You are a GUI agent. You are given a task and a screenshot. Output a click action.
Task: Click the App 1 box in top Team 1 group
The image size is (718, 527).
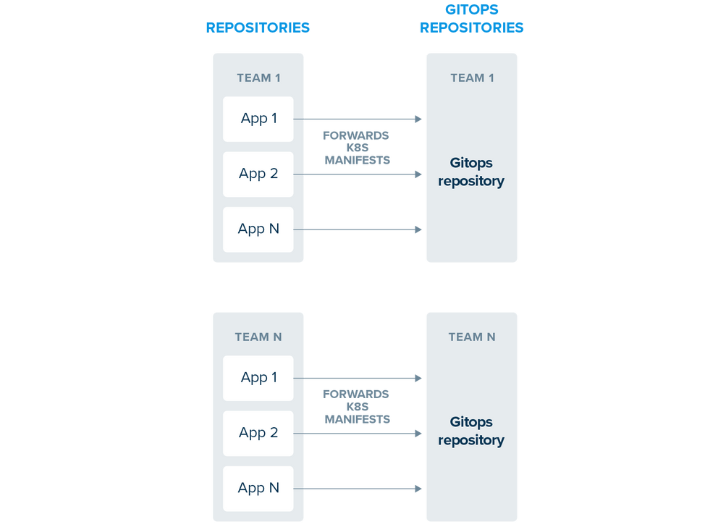pyautogui.click(x=258, y=119)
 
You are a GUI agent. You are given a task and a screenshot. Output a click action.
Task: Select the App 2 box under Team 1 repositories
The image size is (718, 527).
pyautogui.click(x=258, y=174)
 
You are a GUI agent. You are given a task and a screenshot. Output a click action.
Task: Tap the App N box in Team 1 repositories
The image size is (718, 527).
pyautogui.click(x=258, y=229)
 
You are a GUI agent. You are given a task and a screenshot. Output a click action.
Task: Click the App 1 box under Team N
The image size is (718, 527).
pyautogui.click(x=258, y=378)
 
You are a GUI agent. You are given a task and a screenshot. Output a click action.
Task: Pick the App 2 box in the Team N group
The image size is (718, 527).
pyautogui.click(x=258, y=433)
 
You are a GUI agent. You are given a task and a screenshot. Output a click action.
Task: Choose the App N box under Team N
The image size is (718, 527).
pyautogui.click(x=258, y=489)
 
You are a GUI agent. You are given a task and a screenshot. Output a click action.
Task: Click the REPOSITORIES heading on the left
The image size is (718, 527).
pyautogui.click(x=258, y=28)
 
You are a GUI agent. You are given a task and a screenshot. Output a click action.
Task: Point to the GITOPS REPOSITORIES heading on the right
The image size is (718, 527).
pyautogui.click(x=472, y=20)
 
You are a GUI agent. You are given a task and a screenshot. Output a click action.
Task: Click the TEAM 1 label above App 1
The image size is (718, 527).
pyautogui.click(x=258, y=78)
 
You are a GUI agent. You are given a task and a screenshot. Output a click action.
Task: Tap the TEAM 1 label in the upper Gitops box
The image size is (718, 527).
pyautogui.click(x=472, y=78)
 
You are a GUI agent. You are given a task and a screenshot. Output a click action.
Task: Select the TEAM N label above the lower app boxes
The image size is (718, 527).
pyautogui.click(x=258, y=337)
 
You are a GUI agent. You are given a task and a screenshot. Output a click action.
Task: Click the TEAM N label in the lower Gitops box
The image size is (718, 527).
pyautogui.click(x=472, y=337)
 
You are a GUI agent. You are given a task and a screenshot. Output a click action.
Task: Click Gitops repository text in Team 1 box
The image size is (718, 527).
pyautogui.click(x=471, y=172)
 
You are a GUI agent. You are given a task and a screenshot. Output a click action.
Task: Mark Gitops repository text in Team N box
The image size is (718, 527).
pyautogui.click(x=471, y=431)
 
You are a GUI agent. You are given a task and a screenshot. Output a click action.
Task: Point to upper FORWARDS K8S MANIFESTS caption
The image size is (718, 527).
pyautogui.click(x=356, y=148)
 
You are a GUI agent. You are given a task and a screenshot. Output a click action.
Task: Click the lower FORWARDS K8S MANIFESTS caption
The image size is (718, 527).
pyautogui.click(x=356, y=407)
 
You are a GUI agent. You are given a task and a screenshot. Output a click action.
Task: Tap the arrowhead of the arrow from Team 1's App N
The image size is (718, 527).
pyautogui.click(x=418, y=229)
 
